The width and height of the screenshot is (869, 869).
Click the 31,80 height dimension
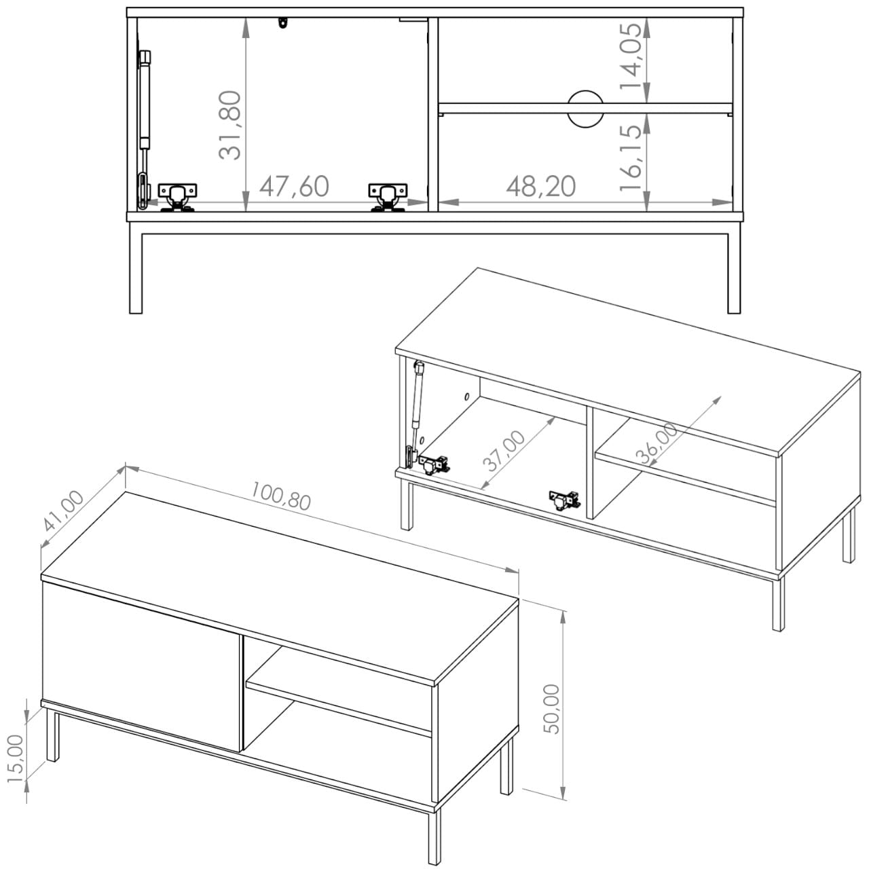(x=230, y=126)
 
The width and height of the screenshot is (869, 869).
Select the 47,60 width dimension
(x=294, y=186)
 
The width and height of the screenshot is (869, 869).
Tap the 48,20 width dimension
(x=540, y=186)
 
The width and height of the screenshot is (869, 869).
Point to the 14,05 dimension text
(x=631, y=57)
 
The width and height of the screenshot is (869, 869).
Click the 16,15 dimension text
(x=631, y=157)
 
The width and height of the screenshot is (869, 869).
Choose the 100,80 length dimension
(x=280, y=496)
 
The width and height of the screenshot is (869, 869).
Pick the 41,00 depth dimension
(x=64, y=511)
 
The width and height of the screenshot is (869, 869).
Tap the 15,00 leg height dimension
(x=16, y=759)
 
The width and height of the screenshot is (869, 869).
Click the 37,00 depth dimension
(x=504, y=451)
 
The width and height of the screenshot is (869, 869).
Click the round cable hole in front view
(x=585, y=109)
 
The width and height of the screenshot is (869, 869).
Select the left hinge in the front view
(x=177, y=197)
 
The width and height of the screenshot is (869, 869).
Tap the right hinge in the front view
(x=388, y=197)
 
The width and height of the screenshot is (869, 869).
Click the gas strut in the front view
(x=143, y=130)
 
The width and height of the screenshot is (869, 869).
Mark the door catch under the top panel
(x=282, y=22)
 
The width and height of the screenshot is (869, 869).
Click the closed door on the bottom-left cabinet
(x=141, y=667)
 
